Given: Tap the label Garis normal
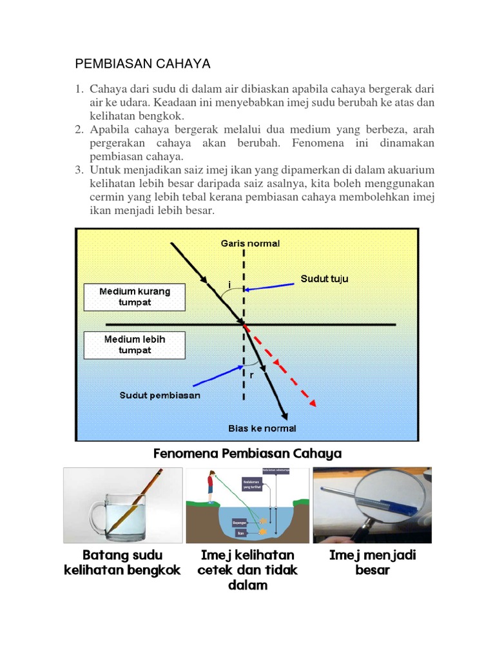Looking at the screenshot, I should pyautogui.click(x=250, y=244).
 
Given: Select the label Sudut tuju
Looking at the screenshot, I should pyautogui.click(x=325, y=279).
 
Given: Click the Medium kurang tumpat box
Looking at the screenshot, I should pyautogui.click(x=135, y=297).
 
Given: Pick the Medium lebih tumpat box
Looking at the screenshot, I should pyautogui.click(x=135, y=345).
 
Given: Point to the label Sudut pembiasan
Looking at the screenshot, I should pyautogui.click(x=160, y=395).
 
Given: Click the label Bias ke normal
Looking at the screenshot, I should pyautogui.click(x=262, y=428).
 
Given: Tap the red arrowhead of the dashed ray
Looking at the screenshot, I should pyautogui.click(x=313, y=403).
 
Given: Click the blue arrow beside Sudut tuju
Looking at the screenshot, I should pyautogui.click(x=271, y=289).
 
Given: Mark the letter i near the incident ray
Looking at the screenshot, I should pyautogui.click(x=229, y=284).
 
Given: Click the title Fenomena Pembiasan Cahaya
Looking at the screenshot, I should pyautogui.click(x=247, y=454).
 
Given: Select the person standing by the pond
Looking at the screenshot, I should pyautogui.click(x=210, y=487).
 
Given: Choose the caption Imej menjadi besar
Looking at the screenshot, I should pyautogui.click(x=373, y=563).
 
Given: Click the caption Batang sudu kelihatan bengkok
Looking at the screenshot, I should pyautogui.click(x=122, y=563).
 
